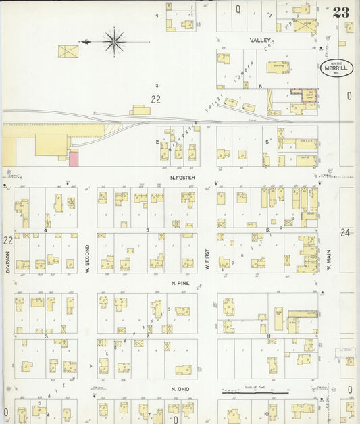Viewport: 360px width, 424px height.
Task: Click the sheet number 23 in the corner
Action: [340, 12]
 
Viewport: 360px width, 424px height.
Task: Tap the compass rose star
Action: [115, 41]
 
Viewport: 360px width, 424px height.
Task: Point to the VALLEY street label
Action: [260, 41]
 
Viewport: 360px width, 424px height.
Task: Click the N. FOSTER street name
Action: [182, 178]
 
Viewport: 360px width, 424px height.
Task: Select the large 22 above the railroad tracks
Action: [157, 100]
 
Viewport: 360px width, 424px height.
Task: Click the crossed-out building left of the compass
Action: [68, 51]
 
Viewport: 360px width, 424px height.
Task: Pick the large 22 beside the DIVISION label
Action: [7, 240]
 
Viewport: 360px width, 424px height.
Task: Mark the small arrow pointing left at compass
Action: [85, 42]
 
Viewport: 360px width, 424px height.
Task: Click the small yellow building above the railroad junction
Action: [141, 109]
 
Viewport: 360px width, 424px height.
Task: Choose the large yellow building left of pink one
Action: [51, 144]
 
